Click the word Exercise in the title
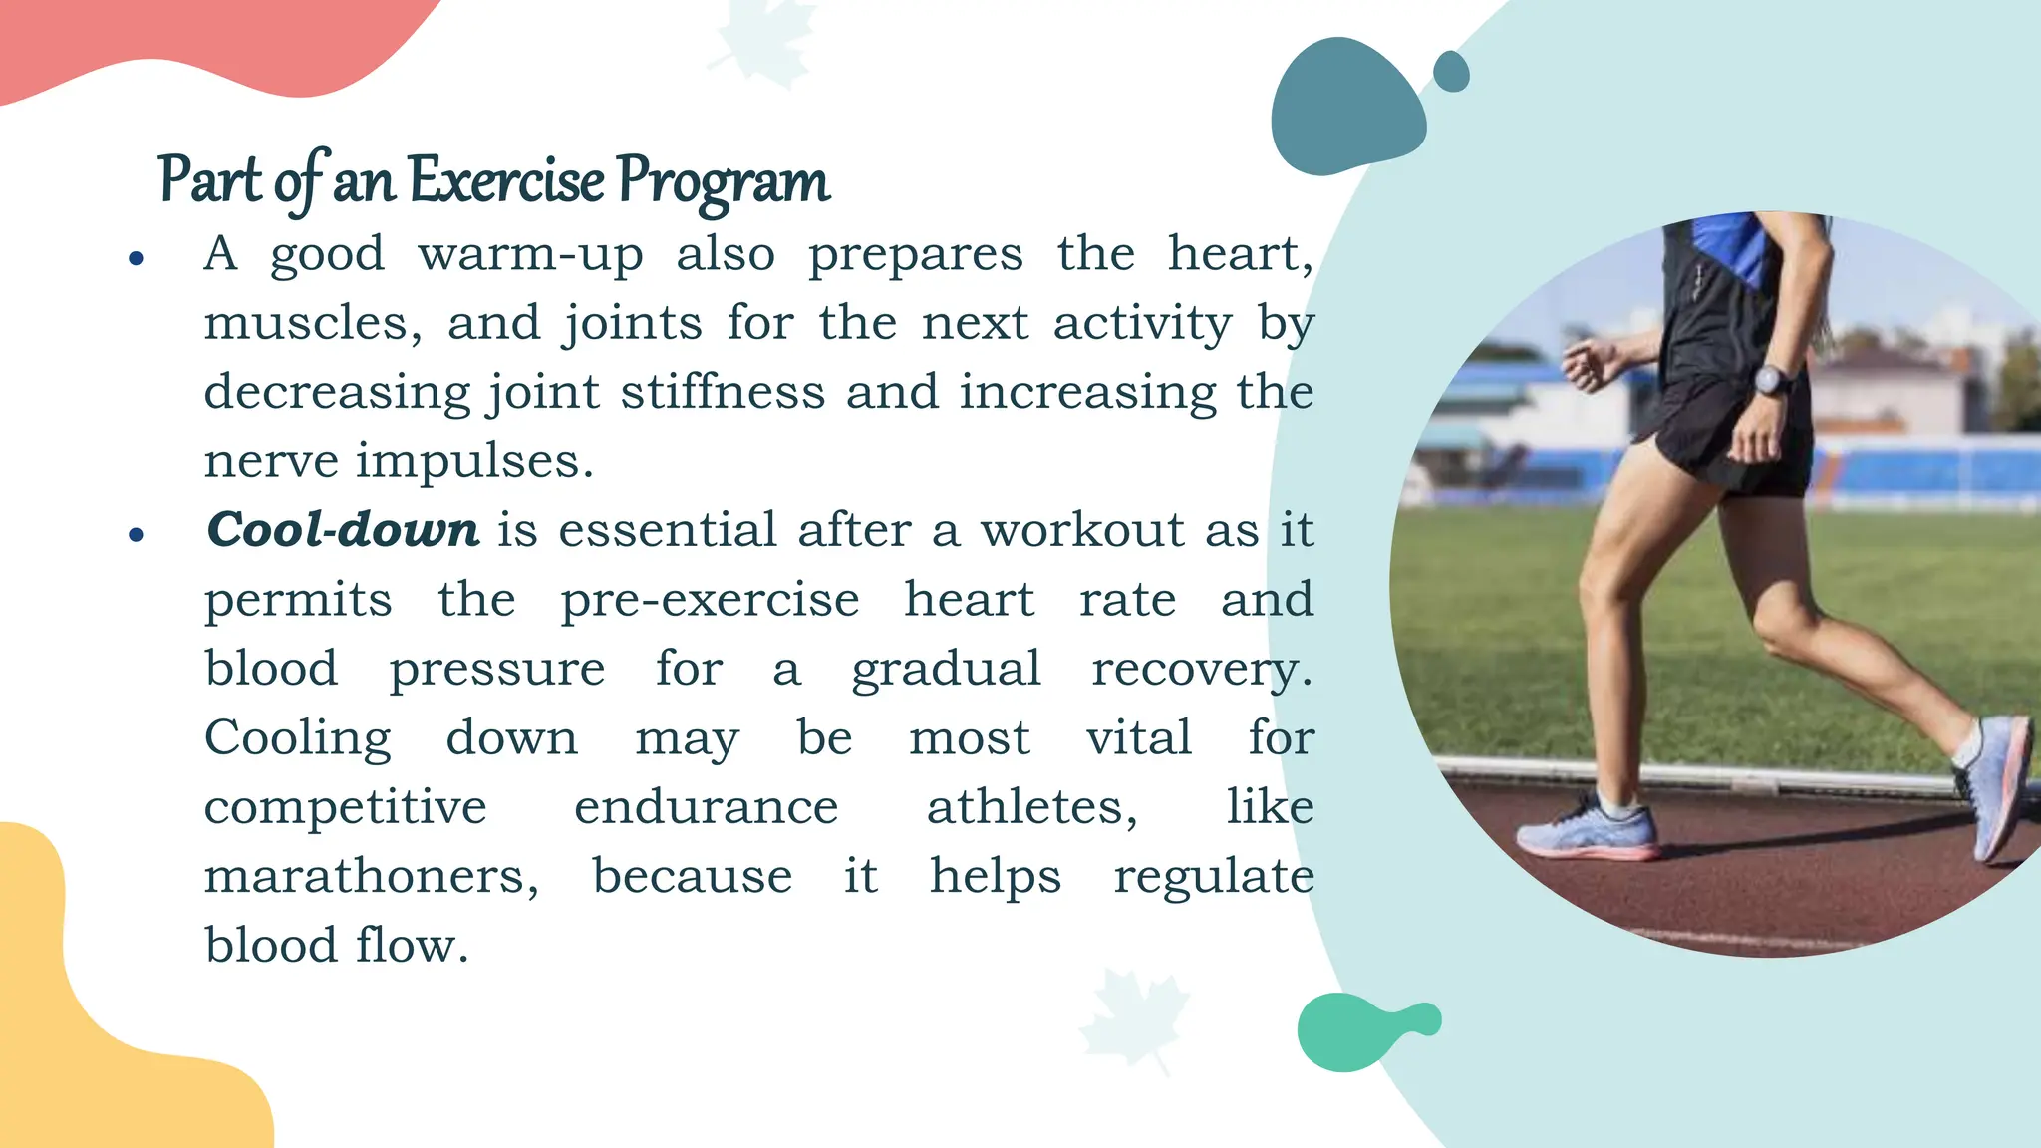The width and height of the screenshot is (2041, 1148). tap(505, 182)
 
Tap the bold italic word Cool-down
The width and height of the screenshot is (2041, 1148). tap(343, 529)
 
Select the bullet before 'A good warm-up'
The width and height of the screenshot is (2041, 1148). tap(137, 260)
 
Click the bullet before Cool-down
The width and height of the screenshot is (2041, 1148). tap(137, 536)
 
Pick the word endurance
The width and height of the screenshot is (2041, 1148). tap(706, 807)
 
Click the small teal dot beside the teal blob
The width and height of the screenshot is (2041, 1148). tap(1451, 72)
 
